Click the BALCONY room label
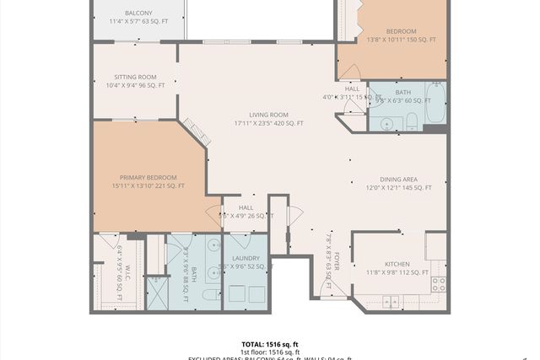click(x=138, y=13)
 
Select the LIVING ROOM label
click(x=268, y=115)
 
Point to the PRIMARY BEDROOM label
click(x=148, y=177)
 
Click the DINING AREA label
click(x=398, y=179)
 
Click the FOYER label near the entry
click(x=336, y=259)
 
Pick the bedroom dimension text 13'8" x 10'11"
click(x=401, y=40)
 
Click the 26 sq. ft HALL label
click(x=246, y=207)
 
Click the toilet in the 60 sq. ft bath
click(x=412, y=122)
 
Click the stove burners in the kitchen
click(x=438, y=284)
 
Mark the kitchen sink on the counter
click(x=391, y=301)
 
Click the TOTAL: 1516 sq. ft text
click(x=270, y=344)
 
